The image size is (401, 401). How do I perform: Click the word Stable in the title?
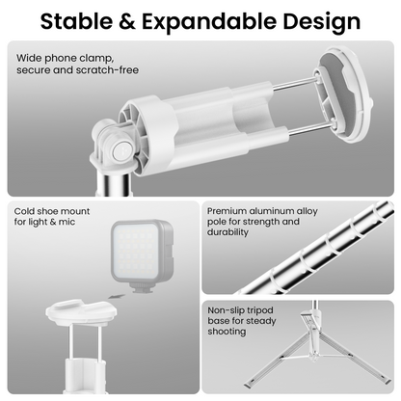(x=76, y=21)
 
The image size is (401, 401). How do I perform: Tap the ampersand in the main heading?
(x=127, y=21)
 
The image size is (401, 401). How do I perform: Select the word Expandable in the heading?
(x=209, y=21)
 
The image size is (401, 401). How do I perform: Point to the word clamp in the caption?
(x=96, y=58)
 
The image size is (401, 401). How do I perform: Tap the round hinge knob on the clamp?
(x=123, y=150)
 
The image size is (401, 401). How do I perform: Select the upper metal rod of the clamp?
(x=294, y=84)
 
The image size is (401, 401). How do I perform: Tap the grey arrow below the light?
(x=117, y=296)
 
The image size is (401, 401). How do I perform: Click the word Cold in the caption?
(x=24, y=211)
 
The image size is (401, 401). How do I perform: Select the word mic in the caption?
(x=67, y=222)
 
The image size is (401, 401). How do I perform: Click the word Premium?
(x=227, y=211)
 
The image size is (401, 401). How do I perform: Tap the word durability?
(x=227, y=232)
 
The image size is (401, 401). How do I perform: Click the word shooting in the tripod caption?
(x=227, y=332)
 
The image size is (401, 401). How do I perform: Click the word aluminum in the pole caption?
(x=272, y=211)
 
